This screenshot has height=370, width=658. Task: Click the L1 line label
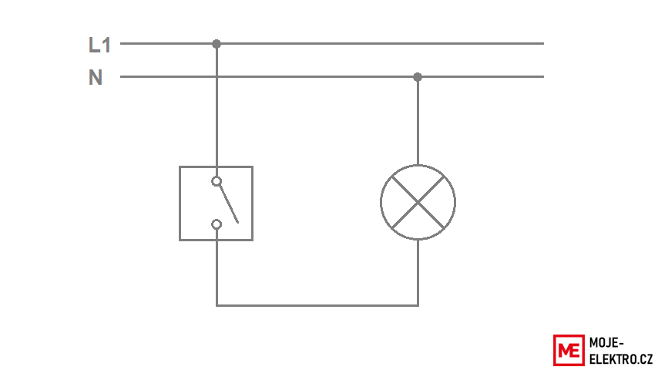(99, 45)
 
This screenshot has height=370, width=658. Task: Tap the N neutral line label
(96, 78)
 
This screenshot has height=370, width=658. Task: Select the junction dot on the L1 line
(217, 44)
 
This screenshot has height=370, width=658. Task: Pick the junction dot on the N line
(418, 77)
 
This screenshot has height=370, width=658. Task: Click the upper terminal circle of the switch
(217, 181)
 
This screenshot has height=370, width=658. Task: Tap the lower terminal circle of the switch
(217, 224)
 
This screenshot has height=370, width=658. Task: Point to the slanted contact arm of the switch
(229, 204)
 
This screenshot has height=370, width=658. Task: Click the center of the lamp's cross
(418, 203)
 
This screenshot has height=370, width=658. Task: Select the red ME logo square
(569, 350)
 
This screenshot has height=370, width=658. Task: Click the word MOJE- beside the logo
(606, 343)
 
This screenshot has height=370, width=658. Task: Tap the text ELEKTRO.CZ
(621, 359)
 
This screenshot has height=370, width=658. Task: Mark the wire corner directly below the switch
(217, 305)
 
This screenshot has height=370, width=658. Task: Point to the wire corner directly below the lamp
(418, 305)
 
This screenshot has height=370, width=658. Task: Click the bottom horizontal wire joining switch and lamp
(317, 305)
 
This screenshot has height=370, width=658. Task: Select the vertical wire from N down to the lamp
(418, 121)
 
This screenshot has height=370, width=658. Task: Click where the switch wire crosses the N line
(217, 77)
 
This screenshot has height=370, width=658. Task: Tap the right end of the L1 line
(543, 43)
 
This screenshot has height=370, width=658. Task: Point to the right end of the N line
(543, 77)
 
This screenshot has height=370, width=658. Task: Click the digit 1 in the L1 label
(106, 45)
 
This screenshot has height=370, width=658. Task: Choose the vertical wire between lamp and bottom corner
(418, 273)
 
